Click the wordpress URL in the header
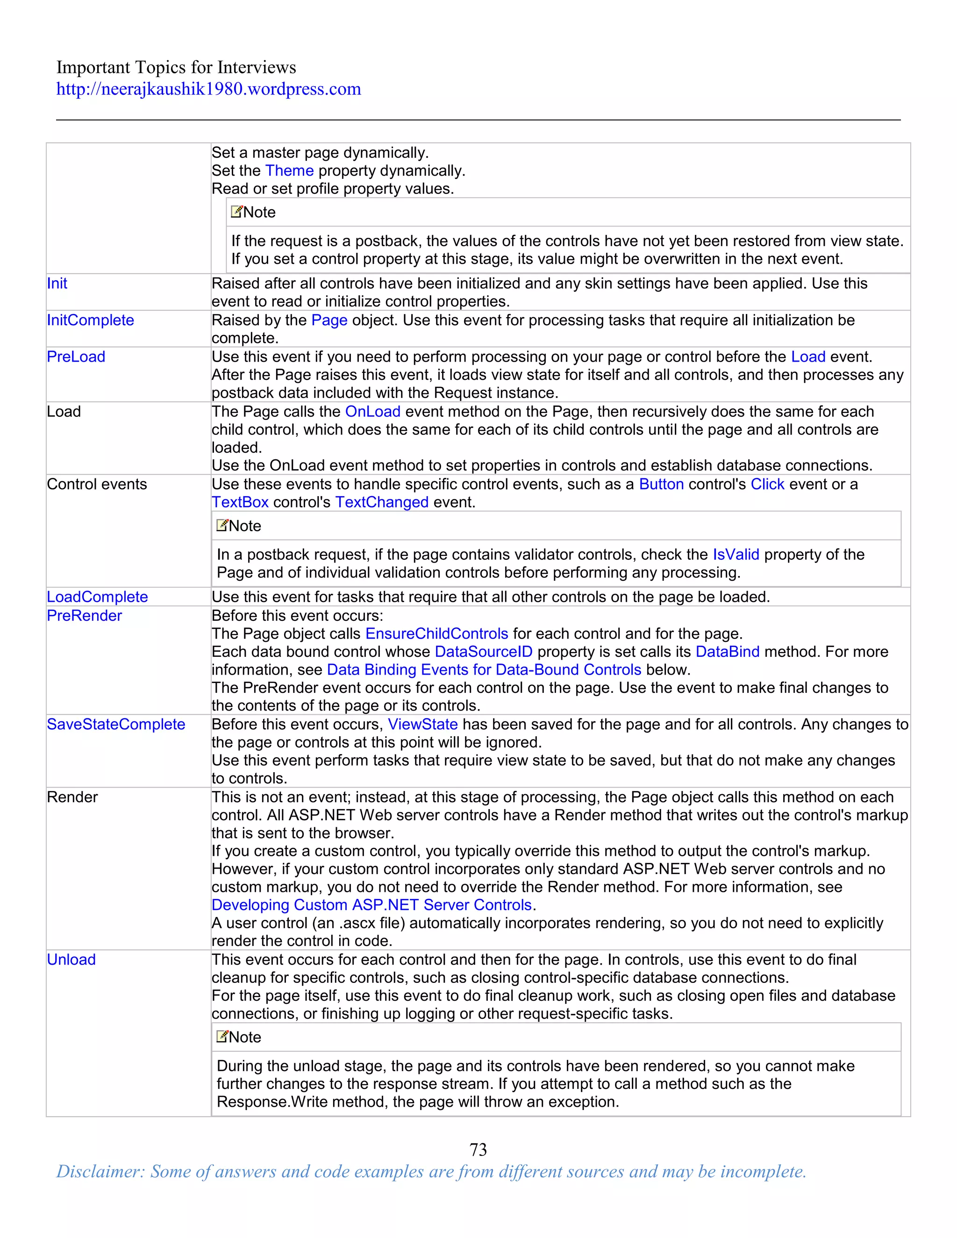click(208, 89)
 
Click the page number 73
click(478, 1150)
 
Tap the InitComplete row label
click(90, 320)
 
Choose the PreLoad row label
click(76, 357)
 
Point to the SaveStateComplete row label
click(116, 725)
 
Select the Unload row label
click(71, 960)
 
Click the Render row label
click(72, 797)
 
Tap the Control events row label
click(96, 484)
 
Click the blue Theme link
click(289, 171)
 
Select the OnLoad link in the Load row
click(372, 412)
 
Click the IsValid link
click(736, 555)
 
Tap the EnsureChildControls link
click(436, 634)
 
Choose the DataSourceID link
click(484, 652)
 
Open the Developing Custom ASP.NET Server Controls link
click(371, 905)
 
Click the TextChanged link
click(382, 502)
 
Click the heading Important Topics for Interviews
click(176, 67)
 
